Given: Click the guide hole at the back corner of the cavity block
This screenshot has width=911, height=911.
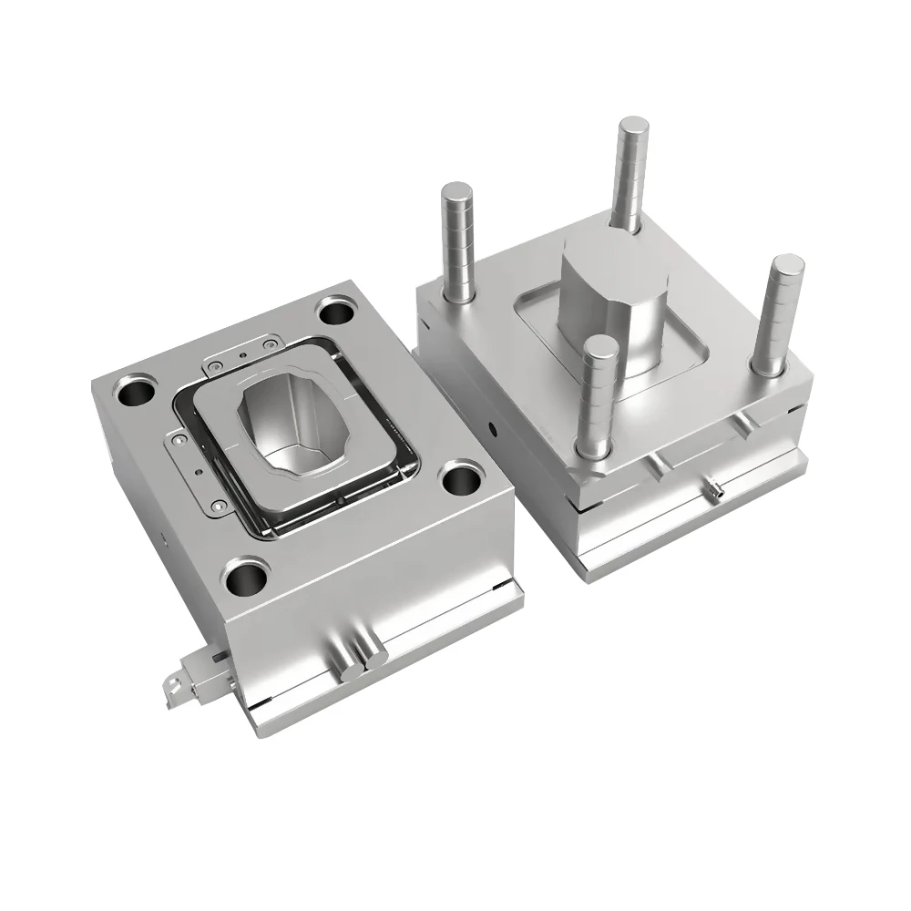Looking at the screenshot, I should (337, 312).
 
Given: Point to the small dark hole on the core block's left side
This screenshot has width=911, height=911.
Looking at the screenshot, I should (492, 425).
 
